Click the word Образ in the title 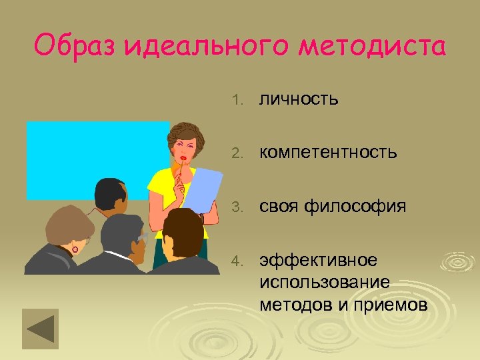[x=74, y=47]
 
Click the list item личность [x=299, y=99]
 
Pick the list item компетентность [x=328, y=153]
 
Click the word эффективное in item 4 [x=318, y=259]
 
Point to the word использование [x=325, y=282]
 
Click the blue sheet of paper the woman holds [x=203, y=187]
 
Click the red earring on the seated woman [x=75, y=249]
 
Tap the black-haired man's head [x=110, y=193]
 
